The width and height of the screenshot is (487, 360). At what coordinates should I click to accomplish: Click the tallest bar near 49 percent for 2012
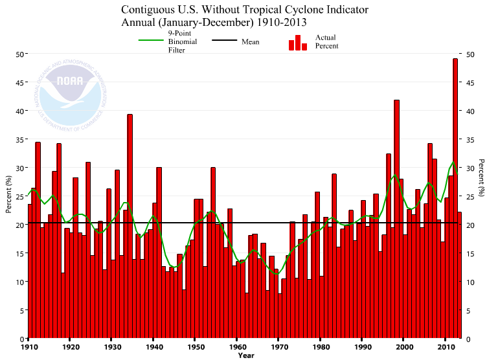click(x=455, y=194)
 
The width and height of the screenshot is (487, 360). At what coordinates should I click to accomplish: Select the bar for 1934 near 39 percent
click(x=130, y=227)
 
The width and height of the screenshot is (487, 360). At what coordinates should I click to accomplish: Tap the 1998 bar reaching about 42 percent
click(x=396, y=220)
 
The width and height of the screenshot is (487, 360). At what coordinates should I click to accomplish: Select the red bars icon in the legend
click(x=298, y=43)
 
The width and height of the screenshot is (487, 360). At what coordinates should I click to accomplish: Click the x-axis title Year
click(x=245, y=355)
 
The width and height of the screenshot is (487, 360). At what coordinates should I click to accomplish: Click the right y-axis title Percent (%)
click(x=481, y=177)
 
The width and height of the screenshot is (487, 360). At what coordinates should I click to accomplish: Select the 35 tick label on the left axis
click(x=20, y=139)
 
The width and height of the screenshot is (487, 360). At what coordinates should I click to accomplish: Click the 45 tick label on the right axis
click(x=467, y=82)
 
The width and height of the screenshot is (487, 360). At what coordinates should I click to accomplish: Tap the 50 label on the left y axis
click(x=20, y=54)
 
